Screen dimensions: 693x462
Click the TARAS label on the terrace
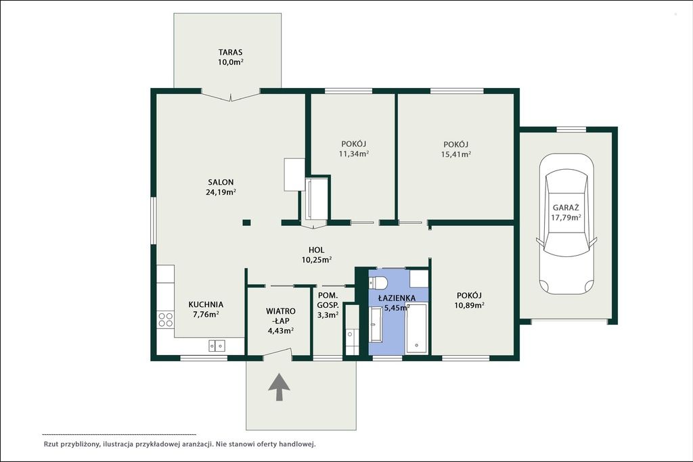(x=230, y=52)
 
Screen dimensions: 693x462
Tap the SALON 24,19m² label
(x=221, y=187)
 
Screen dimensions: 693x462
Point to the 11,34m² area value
(x=354, y=154)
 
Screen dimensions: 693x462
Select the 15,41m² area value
(x=455, y=154)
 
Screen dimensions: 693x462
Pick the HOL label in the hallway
(x=317, y=250)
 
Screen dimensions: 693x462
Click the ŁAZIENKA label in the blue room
(x=397, y=298)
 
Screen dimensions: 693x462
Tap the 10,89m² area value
(x=470, y=305)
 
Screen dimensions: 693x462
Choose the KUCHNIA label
(x=206, y=304)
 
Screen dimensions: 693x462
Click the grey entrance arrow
(x=280, y=387)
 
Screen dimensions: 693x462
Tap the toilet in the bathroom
(x=379, y=282)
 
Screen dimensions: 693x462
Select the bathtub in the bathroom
(x=416, y=329)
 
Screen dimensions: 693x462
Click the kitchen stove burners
(x=166, y=319)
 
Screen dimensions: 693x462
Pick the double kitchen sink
(x=217, y=346)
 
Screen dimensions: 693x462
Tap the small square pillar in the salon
(x=246, y=223)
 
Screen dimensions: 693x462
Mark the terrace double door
(x=230, y=95)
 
